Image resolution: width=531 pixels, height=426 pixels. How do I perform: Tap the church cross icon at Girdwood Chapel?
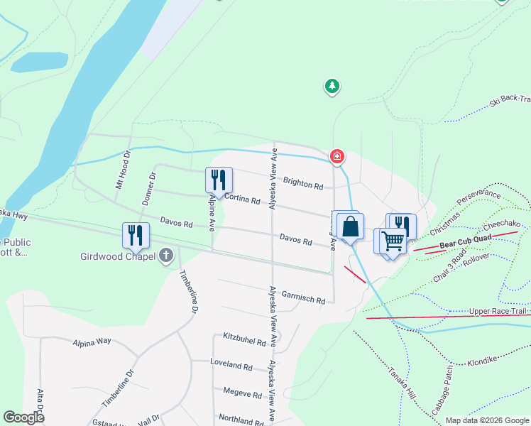coord(166,256)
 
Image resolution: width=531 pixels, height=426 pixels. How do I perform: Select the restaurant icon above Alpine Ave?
coord(219,180)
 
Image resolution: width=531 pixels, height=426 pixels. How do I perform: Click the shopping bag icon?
coord(351,227)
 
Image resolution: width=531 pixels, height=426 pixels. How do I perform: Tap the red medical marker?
coord(336,155)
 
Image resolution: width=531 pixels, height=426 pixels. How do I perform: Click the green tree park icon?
coord(332,87)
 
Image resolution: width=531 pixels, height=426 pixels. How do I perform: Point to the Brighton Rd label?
coord(303,183)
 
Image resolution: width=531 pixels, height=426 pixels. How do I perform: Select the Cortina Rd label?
coord(242,200)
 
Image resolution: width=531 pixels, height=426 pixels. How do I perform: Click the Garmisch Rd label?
coord(303,297)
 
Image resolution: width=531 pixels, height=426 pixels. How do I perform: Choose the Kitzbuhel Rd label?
coord(244,339)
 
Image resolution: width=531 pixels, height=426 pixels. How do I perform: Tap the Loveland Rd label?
coord(231,366)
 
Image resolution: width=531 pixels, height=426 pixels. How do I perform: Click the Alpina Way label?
coord(92,342)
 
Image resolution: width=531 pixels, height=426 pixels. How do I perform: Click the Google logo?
coord(23,417)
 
